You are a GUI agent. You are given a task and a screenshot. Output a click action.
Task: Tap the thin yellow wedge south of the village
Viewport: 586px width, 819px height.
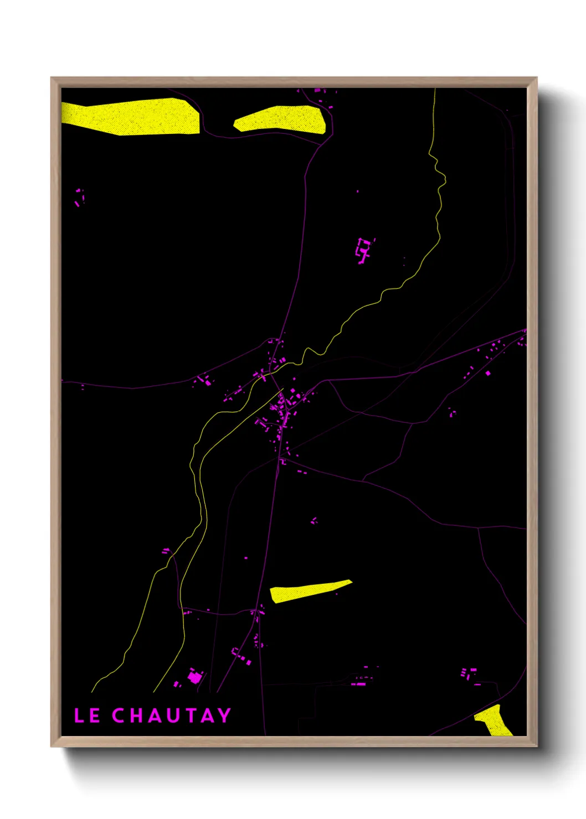(307, 591)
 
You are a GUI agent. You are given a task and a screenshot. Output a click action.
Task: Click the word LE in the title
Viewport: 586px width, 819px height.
(87, 716)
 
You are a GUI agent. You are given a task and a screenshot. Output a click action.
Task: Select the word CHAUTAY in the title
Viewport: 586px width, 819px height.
(172, 716)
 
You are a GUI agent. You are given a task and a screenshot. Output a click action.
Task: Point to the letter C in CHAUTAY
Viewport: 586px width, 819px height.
(119, 716)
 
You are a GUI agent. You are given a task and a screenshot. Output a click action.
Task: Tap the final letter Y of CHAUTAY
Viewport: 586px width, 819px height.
(224, 716)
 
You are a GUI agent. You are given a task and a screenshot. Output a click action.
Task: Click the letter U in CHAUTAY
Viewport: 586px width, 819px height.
(171, 716)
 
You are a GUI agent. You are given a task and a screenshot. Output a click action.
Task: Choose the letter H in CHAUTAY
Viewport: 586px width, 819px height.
(136, 716)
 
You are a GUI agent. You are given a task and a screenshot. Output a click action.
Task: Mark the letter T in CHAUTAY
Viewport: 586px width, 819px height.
(189, 716)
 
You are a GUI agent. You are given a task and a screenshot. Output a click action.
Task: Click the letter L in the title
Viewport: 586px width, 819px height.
(79, 716)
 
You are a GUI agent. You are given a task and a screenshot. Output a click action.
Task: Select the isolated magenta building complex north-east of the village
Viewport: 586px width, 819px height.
(363, 250)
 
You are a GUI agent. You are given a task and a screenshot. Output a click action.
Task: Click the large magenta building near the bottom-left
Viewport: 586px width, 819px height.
(194, 677)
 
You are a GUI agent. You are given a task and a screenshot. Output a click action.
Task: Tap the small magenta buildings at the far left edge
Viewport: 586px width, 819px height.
(79, 197)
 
